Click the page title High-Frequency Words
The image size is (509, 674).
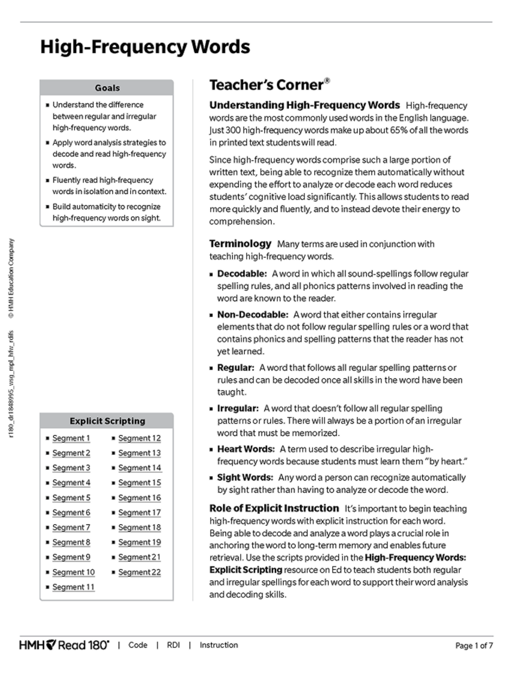point(145,47)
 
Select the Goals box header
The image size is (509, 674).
point(107,88)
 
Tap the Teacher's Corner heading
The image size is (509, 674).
point(266,85)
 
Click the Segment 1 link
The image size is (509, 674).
point(71,438)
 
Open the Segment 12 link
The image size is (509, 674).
point(140,438)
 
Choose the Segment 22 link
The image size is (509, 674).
point(140,572)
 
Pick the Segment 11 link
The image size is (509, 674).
point(74,587)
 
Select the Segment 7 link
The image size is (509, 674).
point(71,528)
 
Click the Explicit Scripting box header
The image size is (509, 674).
point(107,421)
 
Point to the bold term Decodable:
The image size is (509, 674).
point(242,274)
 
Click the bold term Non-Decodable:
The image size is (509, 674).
point(253,315)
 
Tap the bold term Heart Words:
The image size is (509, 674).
point(246,449)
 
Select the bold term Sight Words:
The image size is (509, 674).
point(245,477)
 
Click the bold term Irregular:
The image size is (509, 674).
point(238,409)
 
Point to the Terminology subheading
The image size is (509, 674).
point(240,243)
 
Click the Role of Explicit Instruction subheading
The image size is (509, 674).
point(274,508)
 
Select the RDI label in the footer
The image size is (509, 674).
point(173,645)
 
